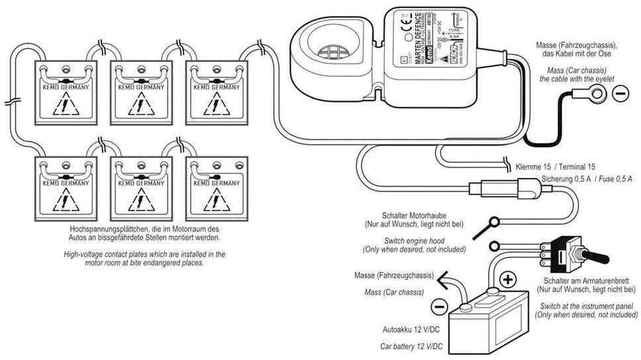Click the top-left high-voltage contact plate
[x=65, y=92]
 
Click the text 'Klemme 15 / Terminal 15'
[x=554, y=166]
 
